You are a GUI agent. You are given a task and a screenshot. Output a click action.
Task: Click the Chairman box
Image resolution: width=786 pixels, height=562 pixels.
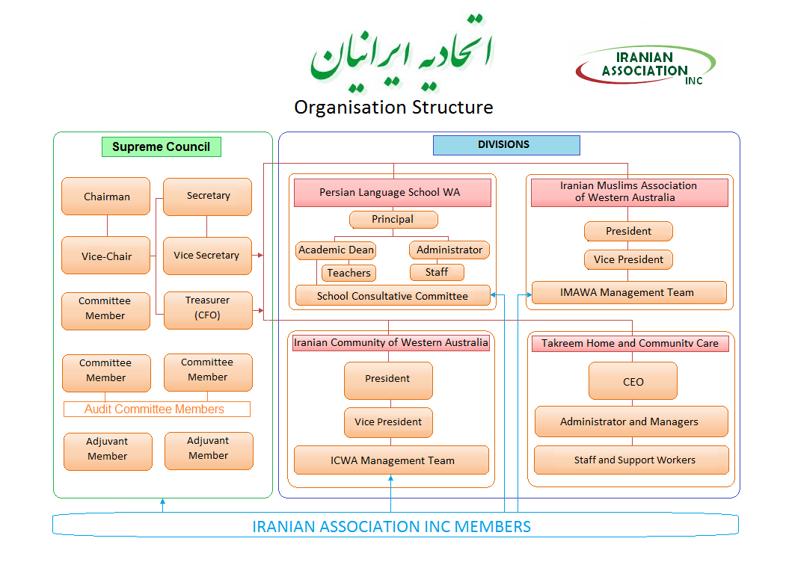[106, 197]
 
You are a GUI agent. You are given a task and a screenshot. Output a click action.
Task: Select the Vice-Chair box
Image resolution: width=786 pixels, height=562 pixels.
[106, 256]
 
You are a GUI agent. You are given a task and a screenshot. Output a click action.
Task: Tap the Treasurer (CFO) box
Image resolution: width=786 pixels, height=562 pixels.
[207, 308]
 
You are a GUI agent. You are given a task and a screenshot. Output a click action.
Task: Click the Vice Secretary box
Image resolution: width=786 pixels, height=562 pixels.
[206, 256]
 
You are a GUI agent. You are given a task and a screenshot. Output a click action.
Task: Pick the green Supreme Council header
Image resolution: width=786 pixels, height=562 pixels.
[161, 146]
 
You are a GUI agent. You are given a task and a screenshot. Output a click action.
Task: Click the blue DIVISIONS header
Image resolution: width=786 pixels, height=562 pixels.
[506, 145]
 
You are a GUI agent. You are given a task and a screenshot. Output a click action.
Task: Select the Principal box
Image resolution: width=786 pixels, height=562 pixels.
[393, 220]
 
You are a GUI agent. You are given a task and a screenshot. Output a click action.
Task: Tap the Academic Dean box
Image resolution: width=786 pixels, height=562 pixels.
[336, 250]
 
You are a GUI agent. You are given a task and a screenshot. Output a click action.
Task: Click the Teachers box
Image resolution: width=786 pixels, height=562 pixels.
[349, 274]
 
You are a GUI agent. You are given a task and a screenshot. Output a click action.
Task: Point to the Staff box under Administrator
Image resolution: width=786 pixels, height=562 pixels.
[437, 273]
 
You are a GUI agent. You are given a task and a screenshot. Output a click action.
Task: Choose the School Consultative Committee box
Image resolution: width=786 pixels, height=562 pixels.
[393, 296]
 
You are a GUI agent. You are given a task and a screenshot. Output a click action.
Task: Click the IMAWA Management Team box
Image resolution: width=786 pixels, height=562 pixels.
[628, 293]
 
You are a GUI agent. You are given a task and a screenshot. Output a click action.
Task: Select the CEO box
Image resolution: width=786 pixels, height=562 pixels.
[633, 381]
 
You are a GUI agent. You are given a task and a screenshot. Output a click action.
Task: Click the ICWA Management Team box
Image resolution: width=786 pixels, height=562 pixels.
[392, 460]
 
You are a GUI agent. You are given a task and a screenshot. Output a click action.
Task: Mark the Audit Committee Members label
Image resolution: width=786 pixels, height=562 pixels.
[156, 410]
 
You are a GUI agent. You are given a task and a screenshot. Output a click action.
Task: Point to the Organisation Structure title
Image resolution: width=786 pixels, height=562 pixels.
[393, 108]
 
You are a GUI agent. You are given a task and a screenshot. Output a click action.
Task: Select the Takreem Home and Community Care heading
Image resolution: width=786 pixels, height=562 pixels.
[630, 344]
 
